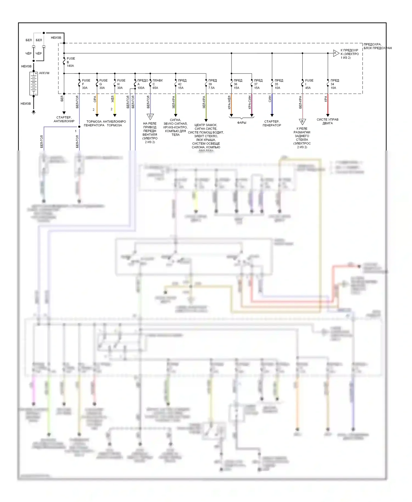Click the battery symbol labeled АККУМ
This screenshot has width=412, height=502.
[x=34, y=83]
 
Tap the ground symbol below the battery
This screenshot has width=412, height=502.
[x=34, y=112]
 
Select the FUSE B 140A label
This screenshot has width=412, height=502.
[x=71, y=62]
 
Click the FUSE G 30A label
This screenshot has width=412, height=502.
[x=103, y=84]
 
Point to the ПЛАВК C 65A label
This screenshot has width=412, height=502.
[x=157, y=84]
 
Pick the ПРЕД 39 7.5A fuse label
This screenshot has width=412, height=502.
[x=212, y=84]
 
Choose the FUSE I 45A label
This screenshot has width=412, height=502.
[x=309, y=84]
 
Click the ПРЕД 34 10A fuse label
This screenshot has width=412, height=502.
[x=335, y=84]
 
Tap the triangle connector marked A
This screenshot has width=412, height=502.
[x=336, y=53]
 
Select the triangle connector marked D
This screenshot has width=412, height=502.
[x=150, y=117]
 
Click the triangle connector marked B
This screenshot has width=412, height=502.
[x=302, y=121]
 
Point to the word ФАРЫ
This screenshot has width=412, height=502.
[x=242, y=123]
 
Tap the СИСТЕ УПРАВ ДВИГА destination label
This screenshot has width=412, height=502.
[x=327, y=121]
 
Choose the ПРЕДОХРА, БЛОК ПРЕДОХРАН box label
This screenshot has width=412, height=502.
[x=377, y=46]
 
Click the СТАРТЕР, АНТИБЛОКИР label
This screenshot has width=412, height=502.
[x=64, y=119]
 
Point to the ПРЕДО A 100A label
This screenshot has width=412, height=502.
[x=142, y=84]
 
